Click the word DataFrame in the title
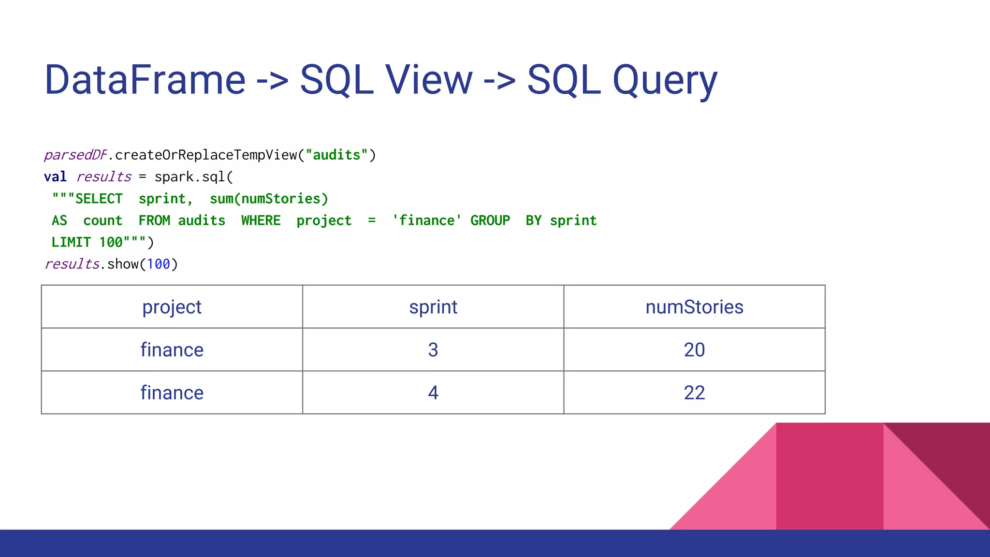[x=145, y=80]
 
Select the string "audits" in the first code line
[x=337, y=155]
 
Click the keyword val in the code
[x=55, y=177]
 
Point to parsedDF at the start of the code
[x=75, y=155]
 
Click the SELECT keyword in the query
[x=99, y=199]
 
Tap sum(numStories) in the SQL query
[x=269, y=199]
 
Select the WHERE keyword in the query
[x=261, y=220]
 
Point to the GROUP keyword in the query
[x=490, y=220]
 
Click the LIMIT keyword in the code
[x=71, y=242]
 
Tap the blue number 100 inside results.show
[x=159, y=264]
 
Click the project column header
[x=172, y=307]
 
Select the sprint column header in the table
[x=433, y=307]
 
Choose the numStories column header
[x=694, y=307]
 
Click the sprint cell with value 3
[x=433, y=350]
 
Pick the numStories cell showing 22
[x=694, y=393]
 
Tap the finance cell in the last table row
[x=172, y=393]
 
